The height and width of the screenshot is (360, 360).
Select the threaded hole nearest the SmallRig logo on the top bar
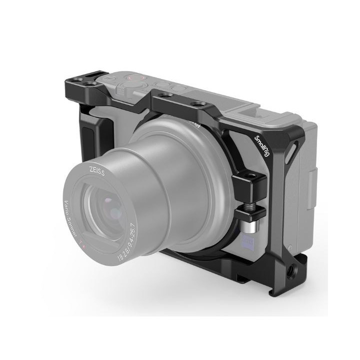pyautogui.click(x=201, y=103)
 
